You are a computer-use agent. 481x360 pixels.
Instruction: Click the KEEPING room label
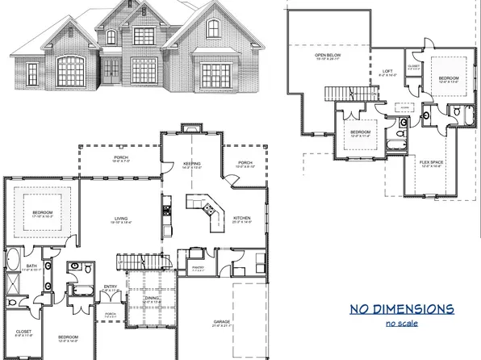click(x=191, y=164)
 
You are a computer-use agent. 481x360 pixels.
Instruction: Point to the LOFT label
click(x=387, y=72)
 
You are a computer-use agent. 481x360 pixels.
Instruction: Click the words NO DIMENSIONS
click(x=401, y=309)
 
